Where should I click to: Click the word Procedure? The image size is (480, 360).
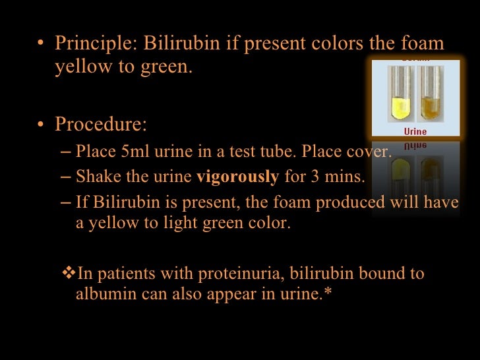pyautogui.click(x=100, y=124)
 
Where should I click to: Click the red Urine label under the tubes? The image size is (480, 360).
pyautogui.click(x=415, y=131)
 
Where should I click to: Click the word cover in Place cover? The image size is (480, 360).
pyautogui.click(x=369, y=153)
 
